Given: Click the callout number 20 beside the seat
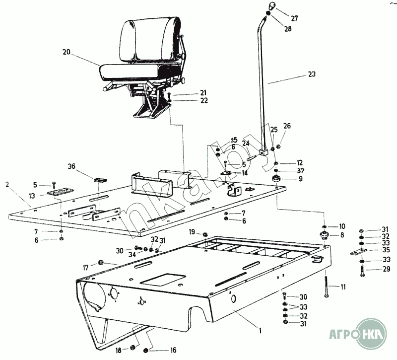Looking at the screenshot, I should click(x=67, y=52).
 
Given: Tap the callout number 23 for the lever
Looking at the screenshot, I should click(x=312, y=74).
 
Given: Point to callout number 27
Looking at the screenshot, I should click(x=294, y=18).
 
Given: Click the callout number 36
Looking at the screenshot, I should click(x=72, y=167).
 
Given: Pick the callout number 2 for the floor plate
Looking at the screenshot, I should click(x=7, y=184).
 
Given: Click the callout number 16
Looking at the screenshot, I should click(x=173, y=350).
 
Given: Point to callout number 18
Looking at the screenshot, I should click(x=119, y=350).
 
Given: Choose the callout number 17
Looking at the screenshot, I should click(x=85, y=268).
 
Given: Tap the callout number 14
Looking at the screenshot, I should click(x=245, y=173).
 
